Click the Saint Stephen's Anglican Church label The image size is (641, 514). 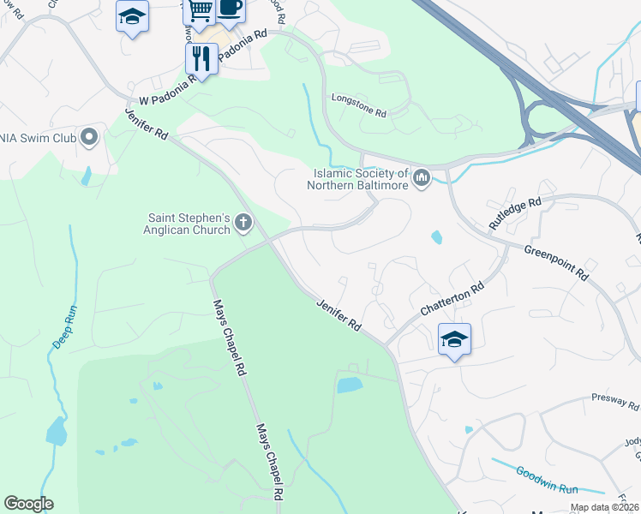tap(189, 224)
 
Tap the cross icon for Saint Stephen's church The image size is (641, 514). tap(243, 224)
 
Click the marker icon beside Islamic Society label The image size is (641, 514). tap(421, 178)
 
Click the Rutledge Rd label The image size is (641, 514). tap(515, 213)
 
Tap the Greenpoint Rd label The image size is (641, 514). tap(556, 262)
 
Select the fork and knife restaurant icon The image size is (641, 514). tap(201, 58)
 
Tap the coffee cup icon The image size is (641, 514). tap(230, 8)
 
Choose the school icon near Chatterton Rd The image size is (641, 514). tap(454, 338)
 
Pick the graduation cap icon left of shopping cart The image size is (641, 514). tap(133, 16)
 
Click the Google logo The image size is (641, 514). tap(28, 504)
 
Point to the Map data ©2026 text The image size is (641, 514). tap(605, 507)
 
